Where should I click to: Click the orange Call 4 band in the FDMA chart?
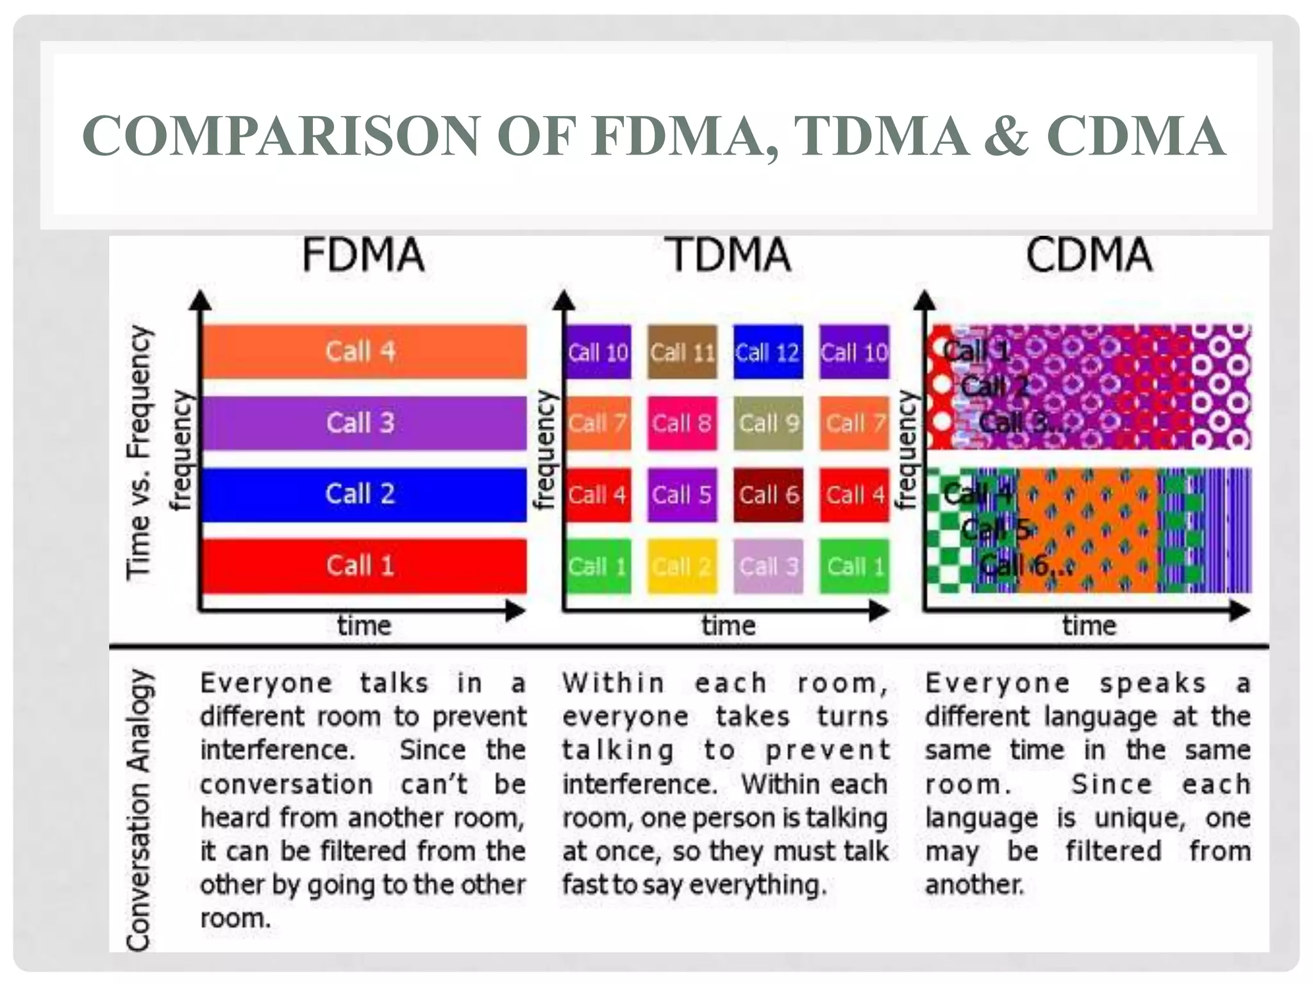[x=364, y=351]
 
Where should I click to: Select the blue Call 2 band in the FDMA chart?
[x=364, y=494]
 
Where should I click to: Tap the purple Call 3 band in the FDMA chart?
[x=364, y=423]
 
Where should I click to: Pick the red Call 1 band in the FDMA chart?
[x=364, y=566]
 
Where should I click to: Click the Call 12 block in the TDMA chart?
[x=768, y=352]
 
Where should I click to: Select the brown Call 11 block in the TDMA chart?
[x=682, y=352]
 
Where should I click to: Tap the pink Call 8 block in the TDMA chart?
[x=682, y=423]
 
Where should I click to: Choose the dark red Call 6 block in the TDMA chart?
[x=768, y=494]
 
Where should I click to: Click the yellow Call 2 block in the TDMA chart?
[x=682, y=566]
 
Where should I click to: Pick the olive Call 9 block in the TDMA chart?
[x=768, y=423]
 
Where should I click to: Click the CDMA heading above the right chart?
[x=1089, y=255]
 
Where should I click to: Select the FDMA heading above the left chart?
[x=363, y=255]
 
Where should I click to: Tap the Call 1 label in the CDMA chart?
[x=976, y=351]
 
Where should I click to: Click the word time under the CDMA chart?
[x=1089, y=625]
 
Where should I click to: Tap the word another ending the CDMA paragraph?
[x=974, y=885]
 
